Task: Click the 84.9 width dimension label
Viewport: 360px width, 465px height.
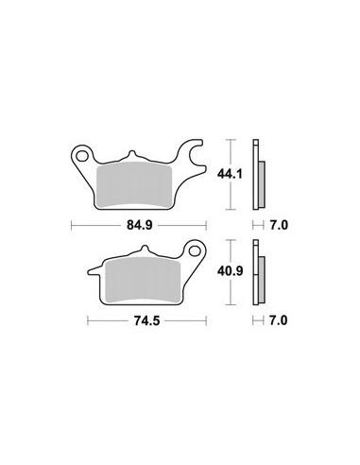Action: click(x=140, y=225)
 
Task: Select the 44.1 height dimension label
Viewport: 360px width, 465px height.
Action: click(x=230, y=174)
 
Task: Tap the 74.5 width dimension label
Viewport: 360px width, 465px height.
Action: click(x=147, y=321)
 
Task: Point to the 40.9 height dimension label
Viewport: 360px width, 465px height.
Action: click(x=230, y=271)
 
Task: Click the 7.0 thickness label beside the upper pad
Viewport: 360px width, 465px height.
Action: click(x=279, y=225)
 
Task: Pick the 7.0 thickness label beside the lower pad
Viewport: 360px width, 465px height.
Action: click(x=279, y=320)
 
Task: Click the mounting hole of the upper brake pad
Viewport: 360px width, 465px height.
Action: click(x=83, y=156)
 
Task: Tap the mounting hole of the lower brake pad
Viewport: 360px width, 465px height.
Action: click(x=195, y=251)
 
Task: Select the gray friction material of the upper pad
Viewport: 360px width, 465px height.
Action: click(x=134, y=184)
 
